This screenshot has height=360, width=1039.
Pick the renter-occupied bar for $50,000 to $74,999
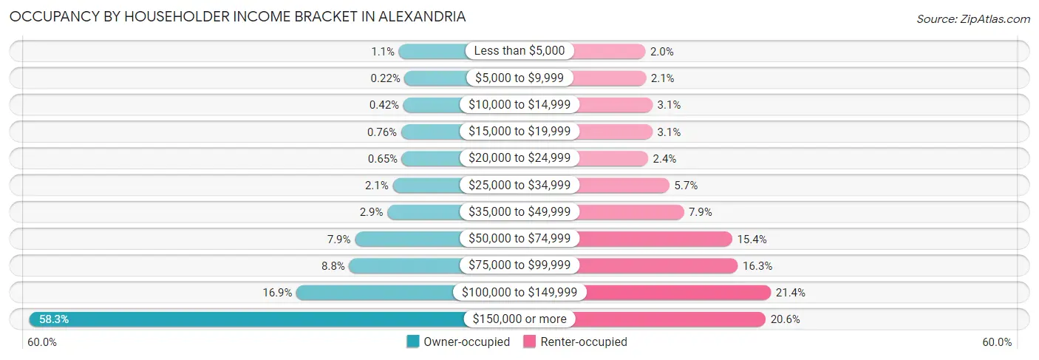coord(655,239)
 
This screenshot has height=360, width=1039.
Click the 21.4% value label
coord(790,293)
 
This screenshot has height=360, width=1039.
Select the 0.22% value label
coord(385,78)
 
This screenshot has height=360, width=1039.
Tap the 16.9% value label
coord(277,293)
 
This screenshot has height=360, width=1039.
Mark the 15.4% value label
coord(751,239)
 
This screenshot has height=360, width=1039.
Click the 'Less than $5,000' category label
coord(519,51)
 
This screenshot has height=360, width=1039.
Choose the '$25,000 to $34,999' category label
coord(519,185)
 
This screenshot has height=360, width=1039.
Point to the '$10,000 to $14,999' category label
coord(519,105)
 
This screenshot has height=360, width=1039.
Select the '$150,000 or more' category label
coord(519,319)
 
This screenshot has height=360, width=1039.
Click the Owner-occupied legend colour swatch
coord(413,342)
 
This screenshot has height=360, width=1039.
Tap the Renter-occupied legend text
coord(584,342)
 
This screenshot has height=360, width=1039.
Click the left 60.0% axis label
coord(42,342)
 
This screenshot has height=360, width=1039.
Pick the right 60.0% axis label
coord(997,342)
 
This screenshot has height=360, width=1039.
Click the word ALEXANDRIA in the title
coord(420,16)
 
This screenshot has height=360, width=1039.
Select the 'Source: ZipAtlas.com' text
coord(972,18)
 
